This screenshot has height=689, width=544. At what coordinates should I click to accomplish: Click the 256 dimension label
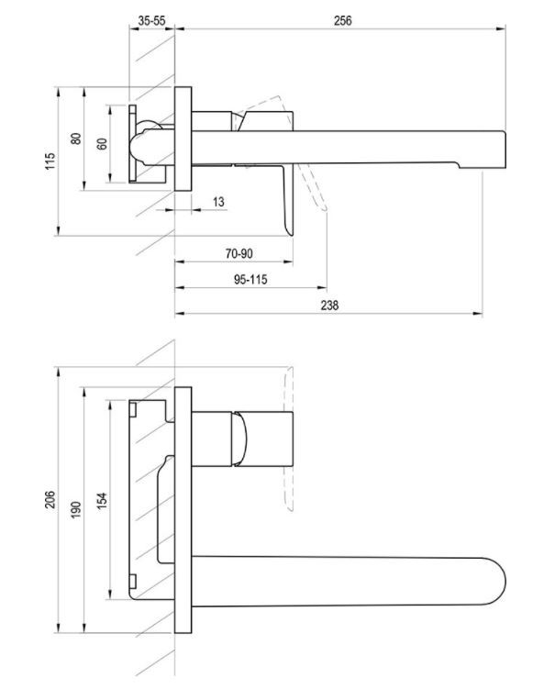pos(342,21)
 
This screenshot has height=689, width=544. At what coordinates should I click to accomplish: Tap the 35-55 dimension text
pos(151,21)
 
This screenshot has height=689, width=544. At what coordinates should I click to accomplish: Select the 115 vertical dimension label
pos(50,161)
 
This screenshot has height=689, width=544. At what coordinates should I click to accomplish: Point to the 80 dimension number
pos(76,139)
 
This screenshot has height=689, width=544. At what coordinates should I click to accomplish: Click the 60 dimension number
pos(102,144)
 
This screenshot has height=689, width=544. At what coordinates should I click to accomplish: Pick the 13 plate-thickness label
pos(218,202)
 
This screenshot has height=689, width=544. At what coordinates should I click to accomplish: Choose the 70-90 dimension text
pos(239,253)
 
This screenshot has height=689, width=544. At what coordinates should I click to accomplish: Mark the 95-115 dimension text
pos(250,280)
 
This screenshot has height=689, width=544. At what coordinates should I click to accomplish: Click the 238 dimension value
pos(329,305)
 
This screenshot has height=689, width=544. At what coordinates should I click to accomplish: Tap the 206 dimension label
pos(50,500)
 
